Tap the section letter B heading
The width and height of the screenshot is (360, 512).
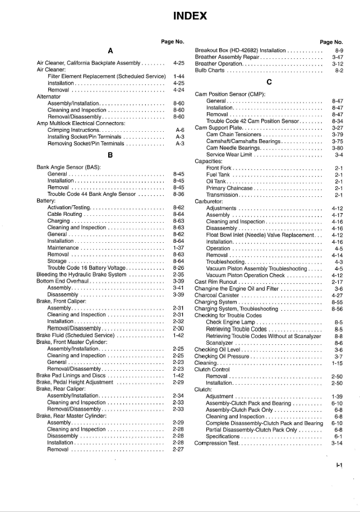110,155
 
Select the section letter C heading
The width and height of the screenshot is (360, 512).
269,82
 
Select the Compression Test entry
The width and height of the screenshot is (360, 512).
216,443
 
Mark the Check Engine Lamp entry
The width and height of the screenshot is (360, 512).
232,322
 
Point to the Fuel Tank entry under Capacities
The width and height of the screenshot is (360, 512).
219,174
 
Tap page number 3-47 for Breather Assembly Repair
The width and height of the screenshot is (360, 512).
338,57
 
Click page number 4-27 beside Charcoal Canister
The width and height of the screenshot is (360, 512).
338,295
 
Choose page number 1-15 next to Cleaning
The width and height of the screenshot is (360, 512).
338,363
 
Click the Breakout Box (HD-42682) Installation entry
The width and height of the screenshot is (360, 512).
241,50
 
